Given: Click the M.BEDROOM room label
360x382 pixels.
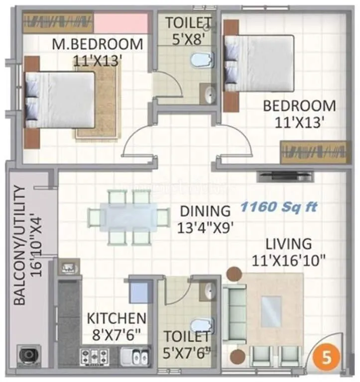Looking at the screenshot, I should (97, 44).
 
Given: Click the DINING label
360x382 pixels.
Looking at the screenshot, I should (205, 211).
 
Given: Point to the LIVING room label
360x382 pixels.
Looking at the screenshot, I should (288, 244).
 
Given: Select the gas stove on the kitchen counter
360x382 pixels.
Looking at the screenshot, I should (94, 357).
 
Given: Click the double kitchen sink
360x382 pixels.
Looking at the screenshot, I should (133, 357).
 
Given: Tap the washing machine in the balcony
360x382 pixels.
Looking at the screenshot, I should (28, 355).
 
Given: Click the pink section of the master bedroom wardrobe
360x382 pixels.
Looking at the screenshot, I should (121, 23).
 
